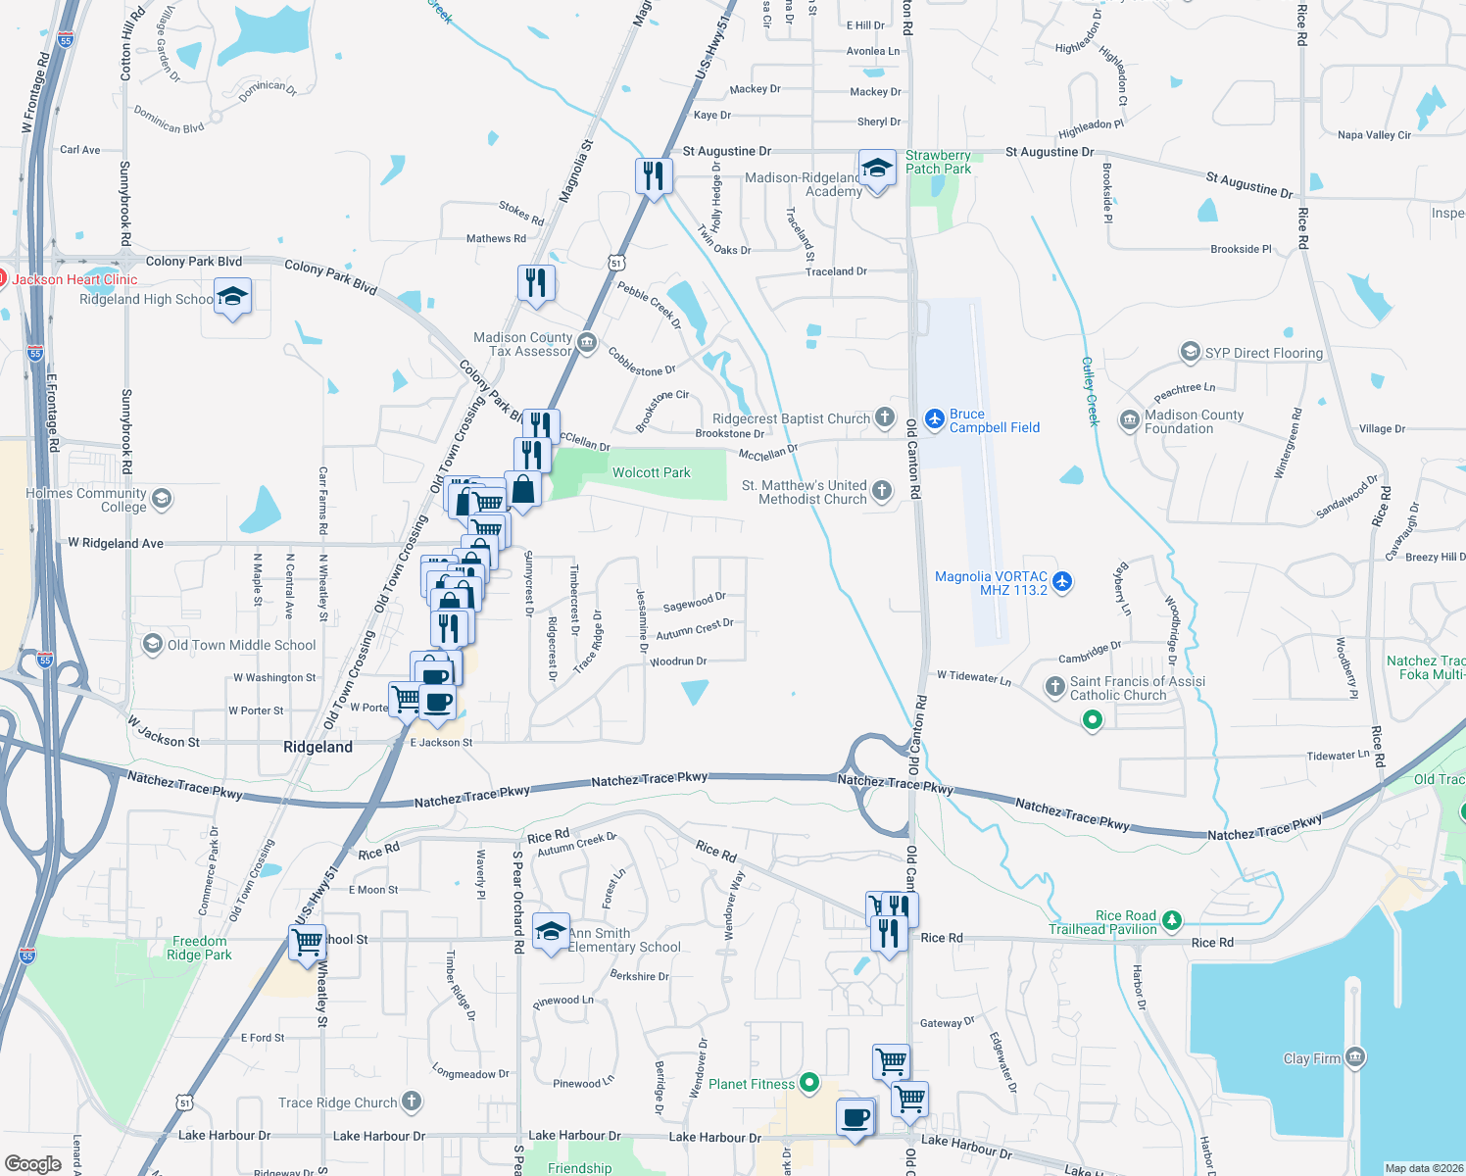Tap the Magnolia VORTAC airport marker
[x=1061, y=582]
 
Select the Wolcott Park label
[x=651, y=472]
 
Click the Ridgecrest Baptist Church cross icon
[x=884, y=417]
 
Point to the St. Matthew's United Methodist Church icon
[x=882, y=491]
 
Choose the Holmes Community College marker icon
[x=162, y=499]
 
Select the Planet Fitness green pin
[x=808, y=1083]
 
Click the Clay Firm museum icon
[x=1355, y=1057]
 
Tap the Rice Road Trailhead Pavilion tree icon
[x=1171, y=921]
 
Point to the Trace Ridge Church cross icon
[x=412, y=1102]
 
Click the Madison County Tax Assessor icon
[x=587, y=342]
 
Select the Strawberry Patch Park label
[x=938, y=162]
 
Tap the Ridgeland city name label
[x=318, y=747]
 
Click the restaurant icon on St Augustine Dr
[x=653, y=175]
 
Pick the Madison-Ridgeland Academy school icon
[x=876, y=168]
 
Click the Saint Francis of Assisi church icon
[x=1054, y=686]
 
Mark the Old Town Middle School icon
[x=153, y=644]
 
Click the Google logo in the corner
[x=33, y=1163]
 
